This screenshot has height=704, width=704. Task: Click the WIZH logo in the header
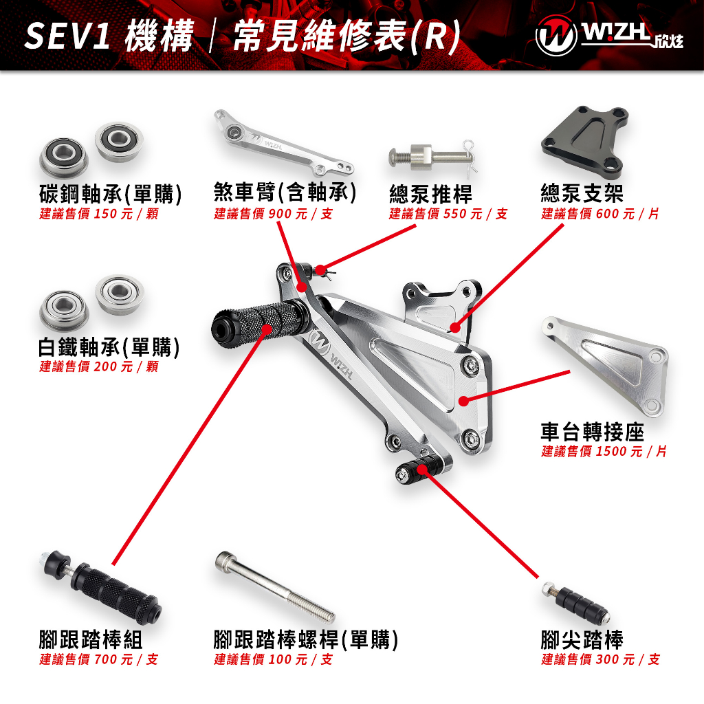[609, 36]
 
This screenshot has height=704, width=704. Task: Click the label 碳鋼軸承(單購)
[111, 194]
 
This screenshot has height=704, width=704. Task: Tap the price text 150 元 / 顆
[126, 214]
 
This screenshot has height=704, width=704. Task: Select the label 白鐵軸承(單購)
[109, 347]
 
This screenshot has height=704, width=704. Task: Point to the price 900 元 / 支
[301, 214]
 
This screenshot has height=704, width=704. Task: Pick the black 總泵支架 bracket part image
[584, 137]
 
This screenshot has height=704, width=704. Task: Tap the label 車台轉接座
[592, 432]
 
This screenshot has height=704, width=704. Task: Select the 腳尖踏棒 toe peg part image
[575, 602]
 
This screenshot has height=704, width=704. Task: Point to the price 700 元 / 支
[126, 659]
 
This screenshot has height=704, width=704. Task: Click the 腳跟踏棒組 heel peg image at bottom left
[103, 588]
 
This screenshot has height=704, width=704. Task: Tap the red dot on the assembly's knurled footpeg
[267, 329]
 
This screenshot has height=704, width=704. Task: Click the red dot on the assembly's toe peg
[423, 470]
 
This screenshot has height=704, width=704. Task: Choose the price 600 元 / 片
[628, 214]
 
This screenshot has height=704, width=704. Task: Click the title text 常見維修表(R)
[346, 36]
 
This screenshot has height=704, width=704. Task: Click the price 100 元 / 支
[301, 659]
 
